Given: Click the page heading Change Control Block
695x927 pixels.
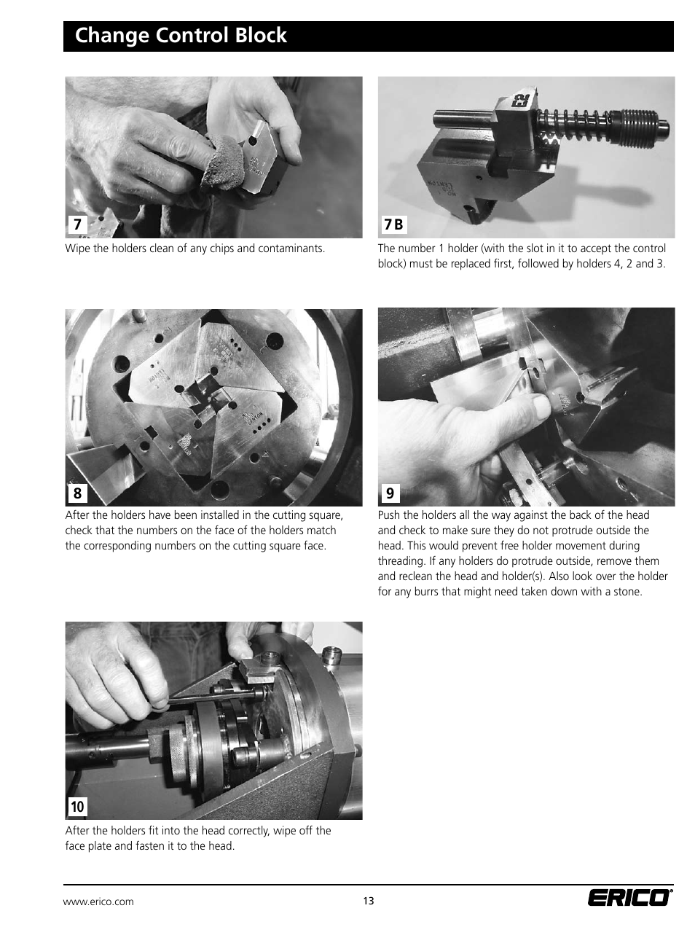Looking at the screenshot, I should pos(181,36).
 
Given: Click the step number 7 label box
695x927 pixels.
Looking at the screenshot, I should pos(77,224).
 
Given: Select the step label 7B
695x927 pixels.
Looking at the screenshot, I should pos(393,224).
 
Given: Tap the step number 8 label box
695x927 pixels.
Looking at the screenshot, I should pos(77,493).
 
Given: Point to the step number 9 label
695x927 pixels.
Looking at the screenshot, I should pos(390,493).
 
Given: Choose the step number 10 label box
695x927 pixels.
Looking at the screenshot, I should pos(77,806).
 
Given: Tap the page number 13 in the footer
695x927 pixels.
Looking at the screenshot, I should pos(369,901).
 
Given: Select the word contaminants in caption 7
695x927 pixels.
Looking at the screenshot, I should pos(294,249).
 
